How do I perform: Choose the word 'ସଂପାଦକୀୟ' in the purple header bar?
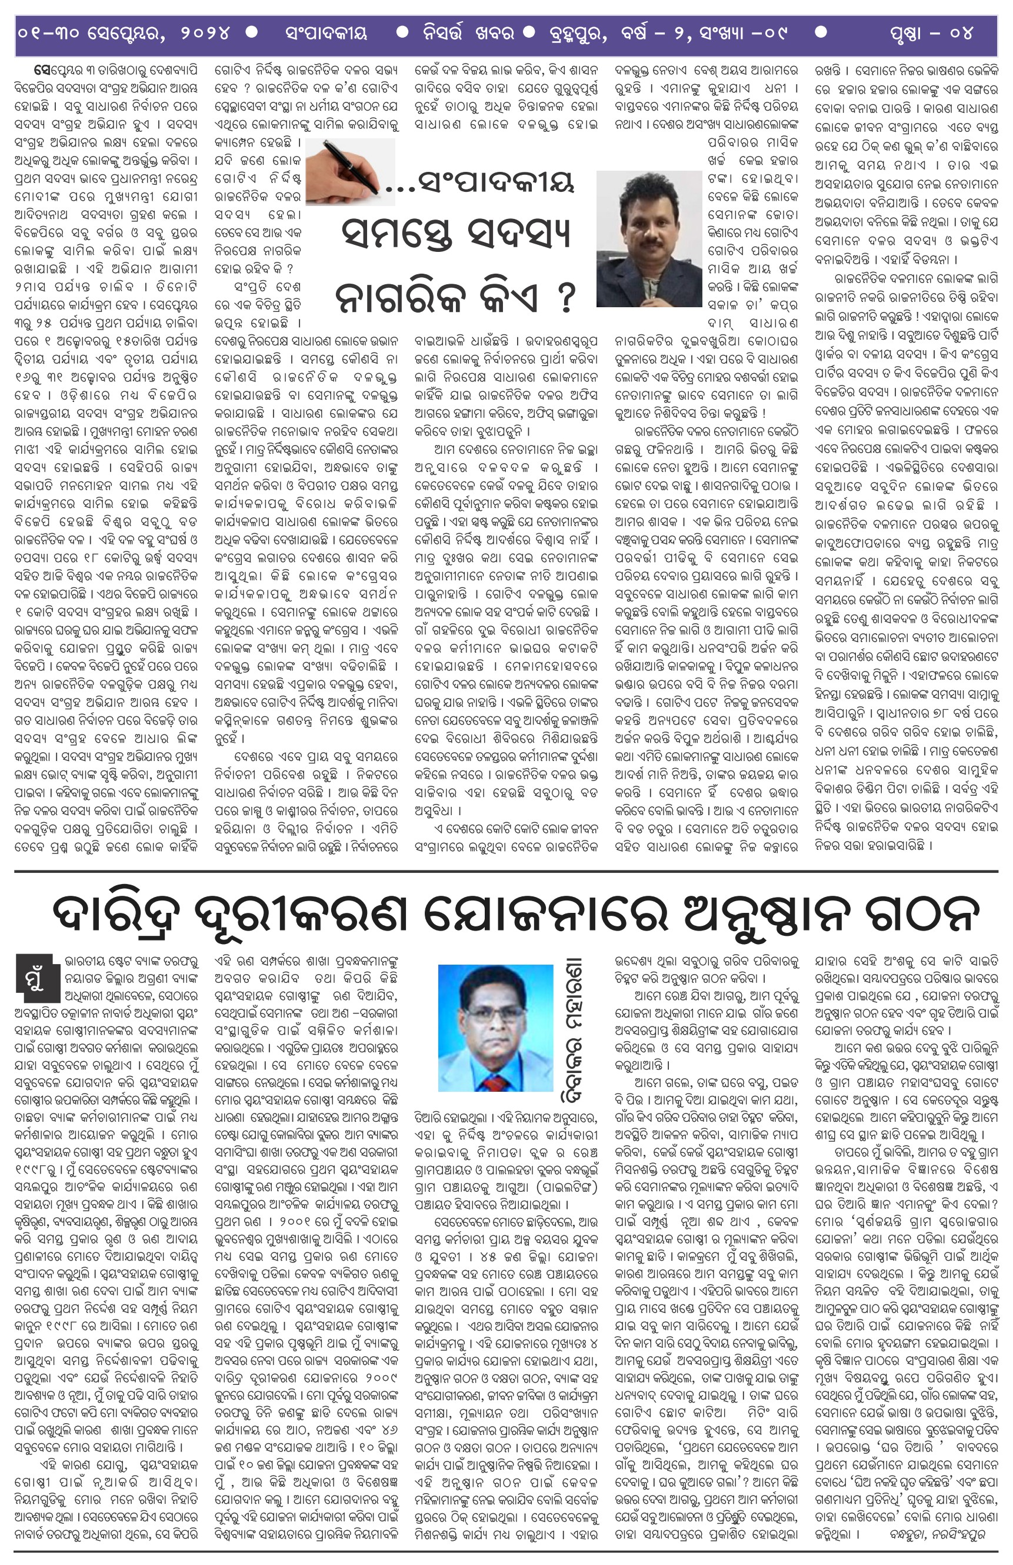[x=326, y=33]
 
